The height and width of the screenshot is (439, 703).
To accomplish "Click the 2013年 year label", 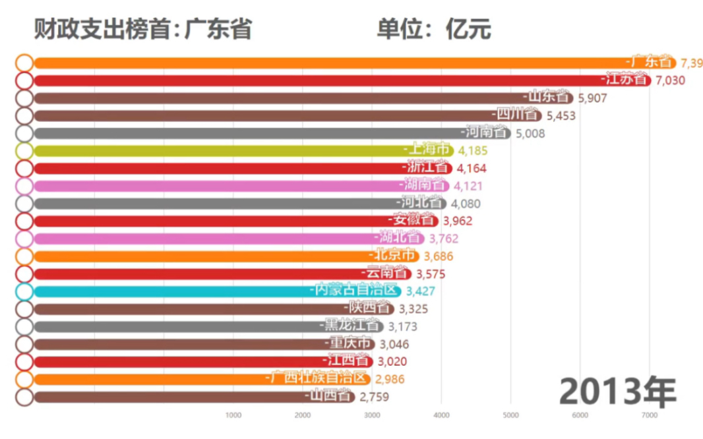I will click(x=618, y=392).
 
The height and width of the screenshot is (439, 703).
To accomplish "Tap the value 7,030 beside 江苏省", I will click(x=670, y=80).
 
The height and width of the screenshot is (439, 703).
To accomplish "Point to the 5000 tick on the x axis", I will click(x=510, y=415).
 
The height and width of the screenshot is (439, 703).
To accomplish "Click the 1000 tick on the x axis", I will click(x=233, y=415).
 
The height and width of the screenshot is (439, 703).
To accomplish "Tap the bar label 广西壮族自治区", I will click(x=319, y=379).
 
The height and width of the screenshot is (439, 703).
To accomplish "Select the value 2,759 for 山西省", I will click(x=373, y=397).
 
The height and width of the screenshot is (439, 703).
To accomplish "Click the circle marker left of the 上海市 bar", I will click(x=24, y=151).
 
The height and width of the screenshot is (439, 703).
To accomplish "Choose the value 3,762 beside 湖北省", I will click(x=443, y=239).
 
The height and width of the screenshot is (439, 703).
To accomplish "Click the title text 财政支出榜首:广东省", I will click(x=142, y=29).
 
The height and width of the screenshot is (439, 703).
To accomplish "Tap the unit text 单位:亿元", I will click(x=434, y=29).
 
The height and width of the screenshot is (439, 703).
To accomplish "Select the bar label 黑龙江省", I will click(x=352, y=326).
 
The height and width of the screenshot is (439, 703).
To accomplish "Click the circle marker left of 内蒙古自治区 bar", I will click(x=24, y=291).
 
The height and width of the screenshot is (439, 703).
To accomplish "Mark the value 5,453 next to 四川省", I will click(x=561, y=115).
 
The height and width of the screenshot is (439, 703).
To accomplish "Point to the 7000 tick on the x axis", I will click(x=649, y=415).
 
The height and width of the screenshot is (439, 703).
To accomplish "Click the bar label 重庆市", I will click(x=348, y=343).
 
